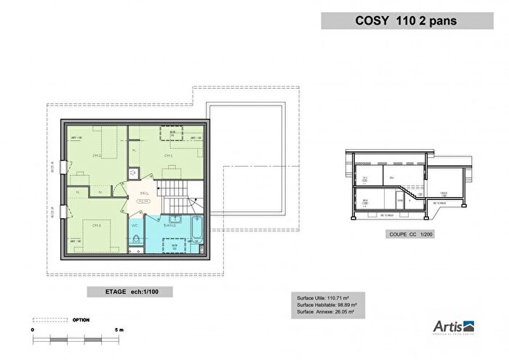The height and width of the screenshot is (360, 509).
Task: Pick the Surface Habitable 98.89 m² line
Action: (326, 305)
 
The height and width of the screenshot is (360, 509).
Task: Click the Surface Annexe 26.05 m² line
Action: (325, 312)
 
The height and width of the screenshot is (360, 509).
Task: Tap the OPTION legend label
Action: (81, 319)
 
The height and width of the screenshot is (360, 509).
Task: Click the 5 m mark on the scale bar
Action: (120, 329)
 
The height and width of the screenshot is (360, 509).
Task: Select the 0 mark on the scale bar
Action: (33, 329)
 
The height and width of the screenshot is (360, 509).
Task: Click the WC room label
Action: (135, 225)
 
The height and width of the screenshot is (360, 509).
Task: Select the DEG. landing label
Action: (145, 193)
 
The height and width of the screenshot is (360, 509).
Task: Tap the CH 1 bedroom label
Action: (168, 156)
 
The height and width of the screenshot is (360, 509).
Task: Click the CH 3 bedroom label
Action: (95, 225)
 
